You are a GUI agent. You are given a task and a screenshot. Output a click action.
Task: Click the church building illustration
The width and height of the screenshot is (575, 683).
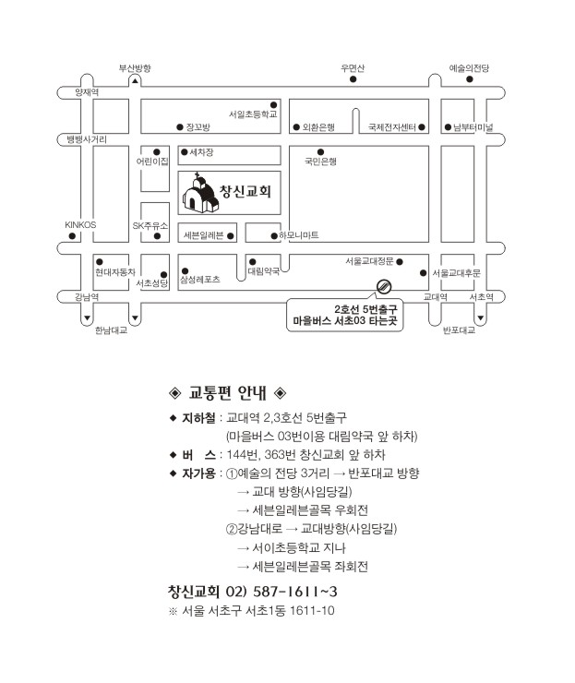pos(200,194)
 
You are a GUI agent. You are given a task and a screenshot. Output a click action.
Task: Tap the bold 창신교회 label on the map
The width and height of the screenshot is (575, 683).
pos(246,191)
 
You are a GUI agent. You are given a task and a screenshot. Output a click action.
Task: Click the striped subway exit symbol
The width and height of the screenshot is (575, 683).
pos(384,286)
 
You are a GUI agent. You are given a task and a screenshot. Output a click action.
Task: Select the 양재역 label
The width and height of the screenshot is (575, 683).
pos(87,92)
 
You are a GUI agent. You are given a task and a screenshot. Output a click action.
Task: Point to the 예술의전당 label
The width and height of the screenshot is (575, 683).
pos(469,68)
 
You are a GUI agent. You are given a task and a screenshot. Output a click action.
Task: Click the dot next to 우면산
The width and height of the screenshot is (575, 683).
pos(353,78)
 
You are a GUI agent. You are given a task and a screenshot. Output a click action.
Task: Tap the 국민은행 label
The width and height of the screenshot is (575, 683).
pos(320,162)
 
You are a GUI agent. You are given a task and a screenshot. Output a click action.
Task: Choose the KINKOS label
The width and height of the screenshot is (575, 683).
pos(80,225)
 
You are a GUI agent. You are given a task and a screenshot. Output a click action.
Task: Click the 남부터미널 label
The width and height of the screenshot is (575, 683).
pos(473,127)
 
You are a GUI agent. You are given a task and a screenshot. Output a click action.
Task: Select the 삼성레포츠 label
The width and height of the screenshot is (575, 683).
pos(200,280)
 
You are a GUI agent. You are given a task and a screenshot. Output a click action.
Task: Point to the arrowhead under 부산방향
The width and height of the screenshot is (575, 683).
pos(135,81)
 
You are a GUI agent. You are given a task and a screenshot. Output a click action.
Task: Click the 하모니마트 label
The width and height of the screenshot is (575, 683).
pos(299,235)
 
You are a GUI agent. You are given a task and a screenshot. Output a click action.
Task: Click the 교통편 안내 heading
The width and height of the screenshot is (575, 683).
pos(227,393)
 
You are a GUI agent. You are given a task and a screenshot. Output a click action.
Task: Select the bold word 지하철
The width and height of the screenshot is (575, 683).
pos(198,418)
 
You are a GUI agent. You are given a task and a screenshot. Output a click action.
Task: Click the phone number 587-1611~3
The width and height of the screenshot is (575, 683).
pos(295,592)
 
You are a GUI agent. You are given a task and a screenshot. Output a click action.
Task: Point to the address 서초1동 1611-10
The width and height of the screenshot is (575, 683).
pos(290,610)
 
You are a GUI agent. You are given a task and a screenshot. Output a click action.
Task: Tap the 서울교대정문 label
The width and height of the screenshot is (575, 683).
pos(369,261)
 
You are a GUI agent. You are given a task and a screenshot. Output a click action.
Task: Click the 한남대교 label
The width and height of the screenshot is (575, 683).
pos(111,330)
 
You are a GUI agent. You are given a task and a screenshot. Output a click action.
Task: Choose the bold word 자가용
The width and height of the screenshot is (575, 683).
pos(198,473)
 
